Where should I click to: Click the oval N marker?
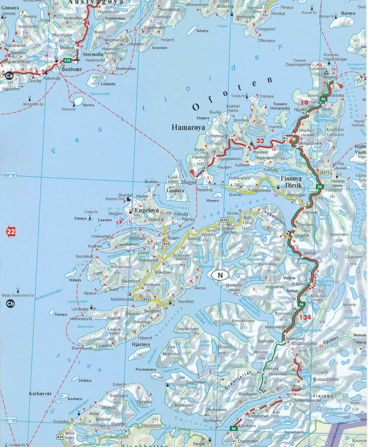point(220,274)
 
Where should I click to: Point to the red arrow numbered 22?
point(10,232)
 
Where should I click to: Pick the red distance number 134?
point(305,317)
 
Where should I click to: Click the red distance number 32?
point(261,141)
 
